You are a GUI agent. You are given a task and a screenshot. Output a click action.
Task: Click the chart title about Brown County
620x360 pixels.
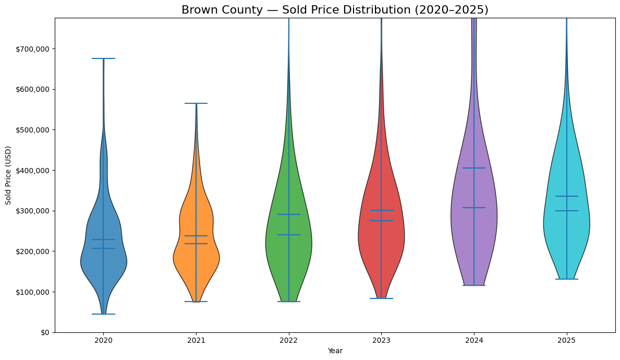(x=335, y=10)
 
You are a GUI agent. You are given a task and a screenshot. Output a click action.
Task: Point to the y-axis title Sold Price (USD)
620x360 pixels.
(x=8, y=175)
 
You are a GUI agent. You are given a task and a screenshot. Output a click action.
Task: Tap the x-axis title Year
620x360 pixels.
(x=335, y=351)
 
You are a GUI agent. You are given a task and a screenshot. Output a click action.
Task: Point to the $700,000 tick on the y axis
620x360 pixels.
(x=33, y=49)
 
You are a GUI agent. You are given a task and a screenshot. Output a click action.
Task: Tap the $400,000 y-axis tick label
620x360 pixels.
(x=33, y=171)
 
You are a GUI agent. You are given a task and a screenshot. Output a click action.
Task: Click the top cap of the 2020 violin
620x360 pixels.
(x=103, y=58)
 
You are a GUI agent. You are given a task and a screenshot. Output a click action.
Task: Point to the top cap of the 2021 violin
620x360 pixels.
(x=196, y=103)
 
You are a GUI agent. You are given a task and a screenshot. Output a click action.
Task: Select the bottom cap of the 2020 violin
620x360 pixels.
(x=103, y=314)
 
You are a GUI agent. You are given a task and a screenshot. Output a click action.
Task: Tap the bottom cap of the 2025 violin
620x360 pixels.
(x=566, y=279)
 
